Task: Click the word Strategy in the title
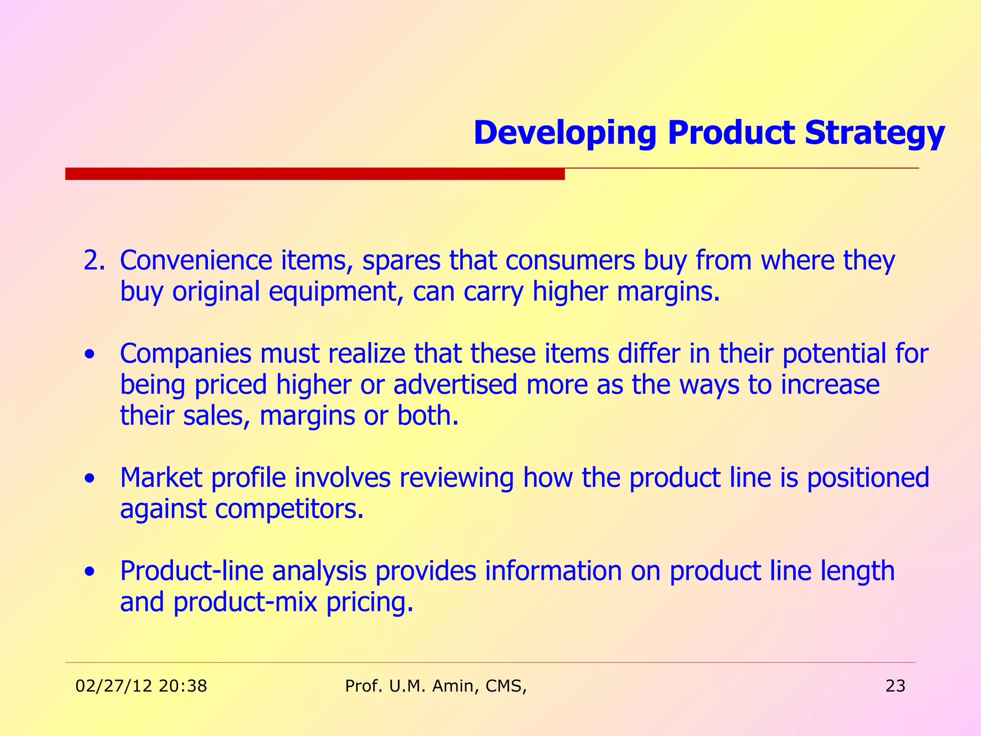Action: pyautogui.click(x=875, y=133)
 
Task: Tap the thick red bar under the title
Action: pyautogui.click(x=315, y=173)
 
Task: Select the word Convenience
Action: pyautogui.click(x=195, y=261)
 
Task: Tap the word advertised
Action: pyautogui.click(x=455, y=385)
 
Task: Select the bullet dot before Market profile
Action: pyautogui.click(x=89, y=479)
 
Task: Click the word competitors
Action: pyautogui.click(x=289, y=508)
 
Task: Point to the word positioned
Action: pyautogui.click(x=868, y=478)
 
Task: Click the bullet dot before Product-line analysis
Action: pyautogui.click(x=89, y=572)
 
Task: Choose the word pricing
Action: pyautogui.click(x=369, y=602)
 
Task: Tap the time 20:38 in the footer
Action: pyautogui.click(x=183, y=686)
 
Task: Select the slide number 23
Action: pyautogui.click(x=895, y=686)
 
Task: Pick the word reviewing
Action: pyautogui.click(x=456, y=478)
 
